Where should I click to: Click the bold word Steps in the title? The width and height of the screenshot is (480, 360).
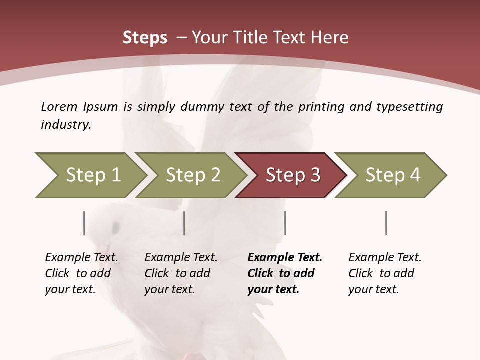(x=145, y=38)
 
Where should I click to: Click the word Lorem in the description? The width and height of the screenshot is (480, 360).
(x=59, y=106)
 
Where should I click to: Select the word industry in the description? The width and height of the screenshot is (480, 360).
(x=65, y=125)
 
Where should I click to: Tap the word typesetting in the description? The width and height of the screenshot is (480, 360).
(x=409, y=107)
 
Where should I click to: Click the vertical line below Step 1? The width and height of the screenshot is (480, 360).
(x=84, y=223)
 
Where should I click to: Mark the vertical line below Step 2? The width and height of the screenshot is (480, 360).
(x=184, y=223)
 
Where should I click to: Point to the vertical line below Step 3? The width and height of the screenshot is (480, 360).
(x=285, y=223)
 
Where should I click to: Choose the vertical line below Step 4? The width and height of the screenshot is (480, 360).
(x=386, y=223)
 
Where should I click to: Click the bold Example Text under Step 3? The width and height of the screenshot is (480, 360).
(x=285, y=257)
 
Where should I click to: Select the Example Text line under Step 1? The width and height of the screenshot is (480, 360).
(x=81, y=257)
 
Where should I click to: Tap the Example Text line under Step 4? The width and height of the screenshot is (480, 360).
(x=385, y=257)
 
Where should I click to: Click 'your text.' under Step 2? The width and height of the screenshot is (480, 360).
(x=169, y=289)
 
